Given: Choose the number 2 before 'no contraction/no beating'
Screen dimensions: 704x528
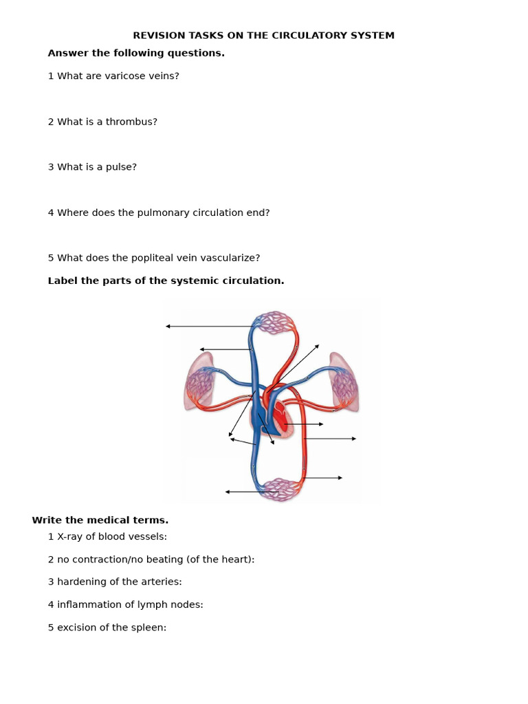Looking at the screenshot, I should click(51, 560).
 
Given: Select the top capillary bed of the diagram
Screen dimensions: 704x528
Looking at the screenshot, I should click(275, 322).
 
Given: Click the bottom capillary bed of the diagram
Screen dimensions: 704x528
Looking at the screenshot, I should click(280, 489).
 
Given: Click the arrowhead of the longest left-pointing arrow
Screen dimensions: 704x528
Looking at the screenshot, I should click(168, 327).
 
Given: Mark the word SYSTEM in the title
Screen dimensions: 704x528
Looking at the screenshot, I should click(373, 36).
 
